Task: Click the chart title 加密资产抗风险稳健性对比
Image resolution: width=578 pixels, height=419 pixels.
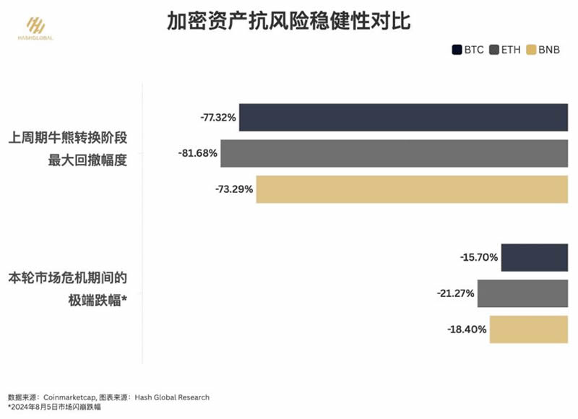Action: tap(288, 22)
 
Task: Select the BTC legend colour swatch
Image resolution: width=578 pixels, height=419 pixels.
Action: tap(457, 50)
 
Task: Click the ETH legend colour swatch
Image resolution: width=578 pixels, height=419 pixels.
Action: tap(495, 50)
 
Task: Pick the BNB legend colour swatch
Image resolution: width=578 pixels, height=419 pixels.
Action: tap(532, 50)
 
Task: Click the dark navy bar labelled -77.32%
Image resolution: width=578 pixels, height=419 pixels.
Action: tap(403, 117)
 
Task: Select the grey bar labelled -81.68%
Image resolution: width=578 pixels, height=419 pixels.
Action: tap(394, 153)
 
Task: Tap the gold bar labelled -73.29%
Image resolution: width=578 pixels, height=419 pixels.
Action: tap(412, 189)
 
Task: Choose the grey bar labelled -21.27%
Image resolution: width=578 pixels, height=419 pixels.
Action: tap(523, 293)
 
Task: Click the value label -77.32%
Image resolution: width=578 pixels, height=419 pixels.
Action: tap(218, 118)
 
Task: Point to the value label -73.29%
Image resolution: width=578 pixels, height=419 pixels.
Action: tap(234, 189)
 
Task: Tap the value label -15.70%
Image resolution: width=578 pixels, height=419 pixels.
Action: tap(479, 257)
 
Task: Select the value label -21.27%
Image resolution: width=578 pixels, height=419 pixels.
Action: tap(456, 293)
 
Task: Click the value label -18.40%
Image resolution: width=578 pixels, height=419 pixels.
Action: tap(467, 329)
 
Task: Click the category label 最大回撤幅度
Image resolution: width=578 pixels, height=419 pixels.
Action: tap(87, 160)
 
